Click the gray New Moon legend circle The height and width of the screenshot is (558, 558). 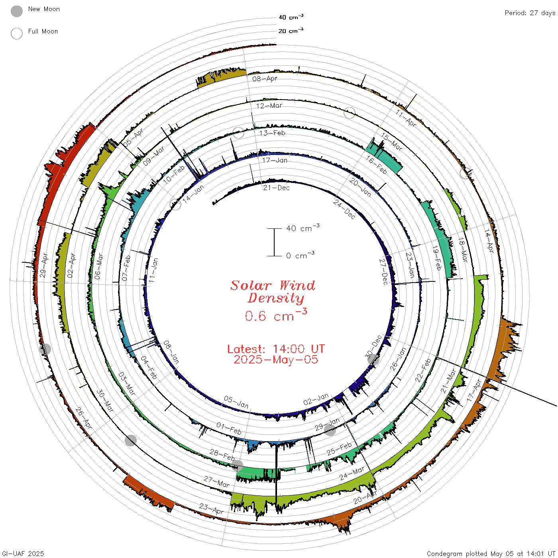tap(17, 11)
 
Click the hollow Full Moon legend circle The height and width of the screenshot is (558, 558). tap(17, 33)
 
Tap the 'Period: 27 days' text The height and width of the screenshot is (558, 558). tap(530, 13)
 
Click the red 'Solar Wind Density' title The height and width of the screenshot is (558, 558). tap(273, 292)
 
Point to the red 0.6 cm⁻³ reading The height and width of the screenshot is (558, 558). tap(276, 315)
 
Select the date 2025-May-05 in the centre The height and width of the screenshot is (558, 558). tap(276, 360)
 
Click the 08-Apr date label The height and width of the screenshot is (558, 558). tap(265, 79)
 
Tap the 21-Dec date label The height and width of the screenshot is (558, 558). tap(276, 188)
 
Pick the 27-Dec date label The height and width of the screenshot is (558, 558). tap(383, 272)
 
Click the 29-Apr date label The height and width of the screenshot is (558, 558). tap(44, 265)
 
